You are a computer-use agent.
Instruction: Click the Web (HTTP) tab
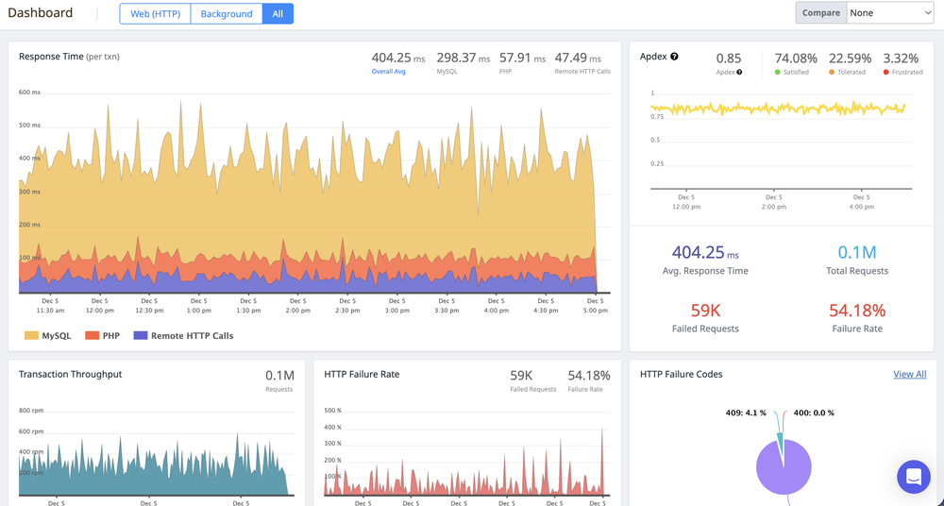(x=155, y=13)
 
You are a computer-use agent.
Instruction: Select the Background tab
(x=227, y=13)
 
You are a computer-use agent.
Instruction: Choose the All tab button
(x=278, y=13)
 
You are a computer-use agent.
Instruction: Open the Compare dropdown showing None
(x=889, y=12)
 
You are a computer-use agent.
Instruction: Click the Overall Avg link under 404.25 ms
(x=388, y=72)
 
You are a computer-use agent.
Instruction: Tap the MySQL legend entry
(x=50, y=335)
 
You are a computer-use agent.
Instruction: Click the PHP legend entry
(x=105, y=335)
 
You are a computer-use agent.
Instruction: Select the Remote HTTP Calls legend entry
(x=183, y=335)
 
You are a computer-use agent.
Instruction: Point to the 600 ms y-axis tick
(x=29, y=92)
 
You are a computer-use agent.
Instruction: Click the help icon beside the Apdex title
(x=674, y=57)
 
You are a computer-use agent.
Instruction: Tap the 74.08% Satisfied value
(x=795, y=59)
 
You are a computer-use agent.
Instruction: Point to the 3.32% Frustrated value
(x=901, y=59)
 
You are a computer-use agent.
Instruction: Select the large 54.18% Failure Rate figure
(x=857, y=310)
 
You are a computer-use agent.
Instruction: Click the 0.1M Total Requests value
(x=857, y=252)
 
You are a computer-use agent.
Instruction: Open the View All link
(x=909, y=374)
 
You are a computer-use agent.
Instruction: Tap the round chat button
(x=913, y=477)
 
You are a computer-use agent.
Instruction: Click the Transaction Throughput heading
(x=70, y=374)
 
